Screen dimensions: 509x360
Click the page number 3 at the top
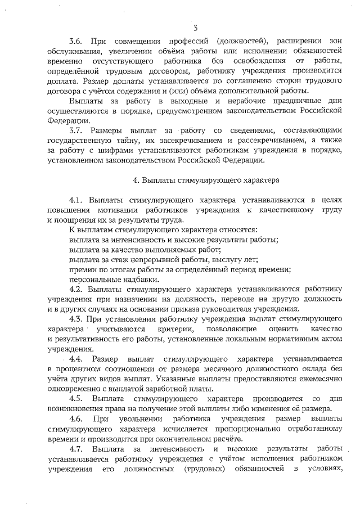(x=194, y=28)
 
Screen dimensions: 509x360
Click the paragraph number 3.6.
(x=76, y=41)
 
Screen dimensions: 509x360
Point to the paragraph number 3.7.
(x=76, y=130)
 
